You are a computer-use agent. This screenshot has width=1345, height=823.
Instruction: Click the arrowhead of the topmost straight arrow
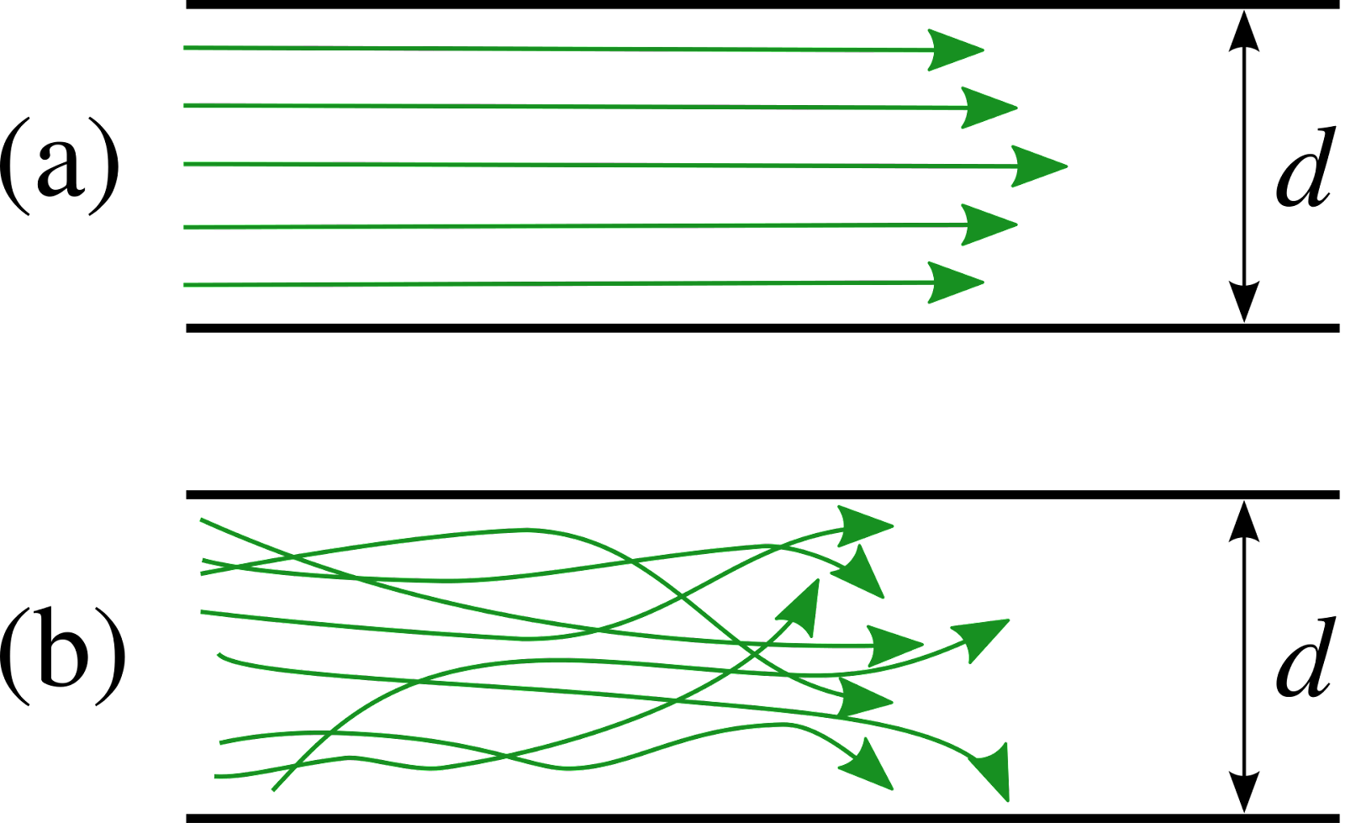click(x=954, y=50)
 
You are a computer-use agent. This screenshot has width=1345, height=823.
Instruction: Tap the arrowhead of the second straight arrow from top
click(x=988, y=108)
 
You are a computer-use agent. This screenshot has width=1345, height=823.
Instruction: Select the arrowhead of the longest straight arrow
click(x=1037, y=166)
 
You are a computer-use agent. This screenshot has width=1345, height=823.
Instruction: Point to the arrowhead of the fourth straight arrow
click(x=988, y=224)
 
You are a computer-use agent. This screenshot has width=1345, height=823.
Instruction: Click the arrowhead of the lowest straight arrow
click(x=954, y=282)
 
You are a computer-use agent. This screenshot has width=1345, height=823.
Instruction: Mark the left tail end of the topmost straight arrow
click(x=185, y=48)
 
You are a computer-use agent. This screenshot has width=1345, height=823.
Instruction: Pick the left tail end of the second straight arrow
click(x=185, y=105)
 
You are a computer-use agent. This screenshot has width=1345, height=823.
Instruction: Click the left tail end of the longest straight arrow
click(x=185, y=164)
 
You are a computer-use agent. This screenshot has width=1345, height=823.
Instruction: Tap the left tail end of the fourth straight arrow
click(x=185, y=227)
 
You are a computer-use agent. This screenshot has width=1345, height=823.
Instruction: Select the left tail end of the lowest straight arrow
click(x=185, y=285)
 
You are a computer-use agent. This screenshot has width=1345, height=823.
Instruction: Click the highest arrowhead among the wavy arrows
click(x=863, y=526)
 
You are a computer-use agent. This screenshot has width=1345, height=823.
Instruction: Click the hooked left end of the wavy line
click(x=219, y=655)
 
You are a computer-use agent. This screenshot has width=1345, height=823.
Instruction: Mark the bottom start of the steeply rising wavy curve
click(x=273, y=790)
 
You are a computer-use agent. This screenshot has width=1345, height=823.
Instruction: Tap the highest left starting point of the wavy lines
click(x=201, y=520)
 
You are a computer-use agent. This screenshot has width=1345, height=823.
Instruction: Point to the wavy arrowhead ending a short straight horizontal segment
click(x=893, y=646)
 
